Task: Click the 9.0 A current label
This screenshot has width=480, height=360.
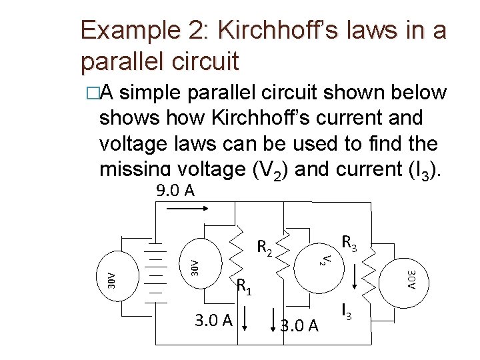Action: tap(175, 192)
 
